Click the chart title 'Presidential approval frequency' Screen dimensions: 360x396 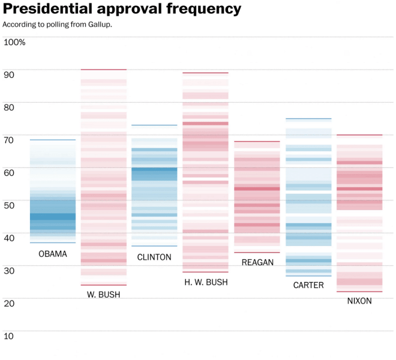click(x=122, y=10)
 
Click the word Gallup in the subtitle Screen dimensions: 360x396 click(x=98, y=25)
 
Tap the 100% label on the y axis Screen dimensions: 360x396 click(x=14, y=43)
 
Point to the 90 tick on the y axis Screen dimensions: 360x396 click(x=8, y=75)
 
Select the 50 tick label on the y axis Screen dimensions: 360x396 click(x=8, y=205)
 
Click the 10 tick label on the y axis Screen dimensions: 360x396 click(x=8, y=335)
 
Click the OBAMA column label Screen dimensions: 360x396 click(x=53, y=254)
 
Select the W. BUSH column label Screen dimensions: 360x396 click(x=103, y=295)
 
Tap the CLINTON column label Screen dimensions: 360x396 click(x=154, y=257)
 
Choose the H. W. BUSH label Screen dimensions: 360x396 click(x=205, y=282)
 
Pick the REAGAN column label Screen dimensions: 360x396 click(x=257, y=262)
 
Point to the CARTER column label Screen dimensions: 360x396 click(x=308, y=285)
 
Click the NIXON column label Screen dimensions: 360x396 click(x=359, y=301)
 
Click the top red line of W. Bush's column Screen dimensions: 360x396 click(x=104, y=70)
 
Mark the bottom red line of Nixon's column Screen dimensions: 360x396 click(x=359, y=292)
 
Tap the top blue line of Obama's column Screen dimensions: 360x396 click(x=53, y=140)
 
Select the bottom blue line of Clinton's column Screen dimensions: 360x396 click(x=154, y=246)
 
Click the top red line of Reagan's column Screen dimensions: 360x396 click(x=257, y=142)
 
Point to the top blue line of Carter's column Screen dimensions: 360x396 click(x=308, y=119)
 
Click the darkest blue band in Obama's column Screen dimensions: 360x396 click(x=53, y=216)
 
